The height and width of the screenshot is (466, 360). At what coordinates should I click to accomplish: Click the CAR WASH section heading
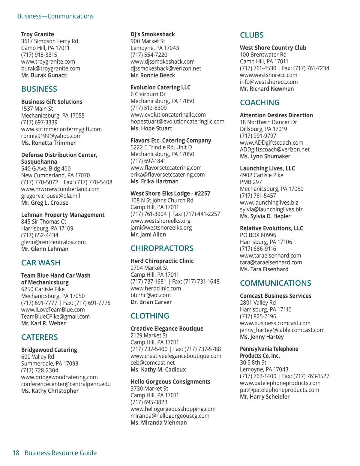[41, 263]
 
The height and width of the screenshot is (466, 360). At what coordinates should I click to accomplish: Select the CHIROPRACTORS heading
[162, 248]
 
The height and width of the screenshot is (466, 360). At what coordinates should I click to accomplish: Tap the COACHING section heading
[259, 103]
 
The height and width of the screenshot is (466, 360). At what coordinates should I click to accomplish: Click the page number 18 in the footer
[16, 453]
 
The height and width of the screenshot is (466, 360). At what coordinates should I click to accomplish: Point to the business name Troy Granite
[37, 34]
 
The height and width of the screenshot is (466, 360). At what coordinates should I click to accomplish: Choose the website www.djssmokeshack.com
[162, 62]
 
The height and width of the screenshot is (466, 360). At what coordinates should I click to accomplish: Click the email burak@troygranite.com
[50, 68]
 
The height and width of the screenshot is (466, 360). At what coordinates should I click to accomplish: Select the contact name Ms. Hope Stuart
[151, 128]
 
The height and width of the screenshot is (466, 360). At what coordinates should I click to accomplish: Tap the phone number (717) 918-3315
[39, 55]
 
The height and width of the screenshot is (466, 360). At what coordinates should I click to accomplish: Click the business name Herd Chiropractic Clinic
[162, 261]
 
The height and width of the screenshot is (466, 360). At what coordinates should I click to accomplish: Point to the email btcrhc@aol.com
[150, 295]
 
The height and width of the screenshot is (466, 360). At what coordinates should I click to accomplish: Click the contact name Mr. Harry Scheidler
[265, 397]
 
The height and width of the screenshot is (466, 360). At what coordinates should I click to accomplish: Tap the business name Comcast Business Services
[275, 296]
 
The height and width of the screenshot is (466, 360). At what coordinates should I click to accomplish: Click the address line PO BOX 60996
[258, 235]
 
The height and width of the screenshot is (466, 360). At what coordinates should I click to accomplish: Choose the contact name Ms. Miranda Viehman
[158, 422]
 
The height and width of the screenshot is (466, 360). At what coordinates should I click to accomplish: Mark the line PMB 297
[251, 182]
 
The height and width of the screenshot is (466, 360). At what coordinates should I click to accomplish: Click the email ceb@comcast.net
[152, 363]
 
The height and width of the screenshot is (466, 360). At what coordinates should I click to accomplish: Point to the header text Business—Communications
[55, 16]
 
